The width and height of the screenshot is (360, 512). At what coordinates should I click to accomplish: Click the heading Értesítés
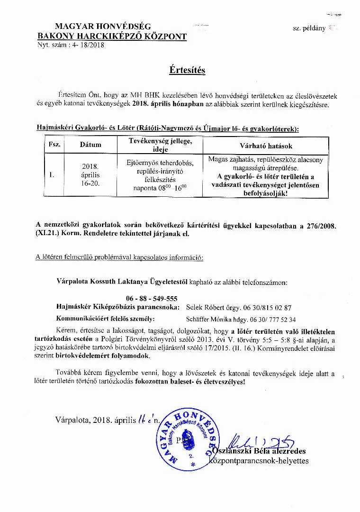click(187, 70)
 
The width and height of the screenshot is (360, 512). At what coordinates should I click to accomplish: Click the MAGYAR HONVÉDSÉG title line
click(103, 27)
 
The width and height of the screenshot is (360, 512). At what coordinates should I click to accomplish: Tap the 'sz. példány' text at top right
click(309, 28)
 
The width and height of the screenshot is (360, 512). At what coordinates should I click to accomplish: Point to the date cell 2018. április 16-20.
click(90, 175)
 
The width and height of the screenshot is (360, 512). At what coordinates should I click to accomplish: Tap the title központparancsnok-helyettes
click(268, 460)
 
